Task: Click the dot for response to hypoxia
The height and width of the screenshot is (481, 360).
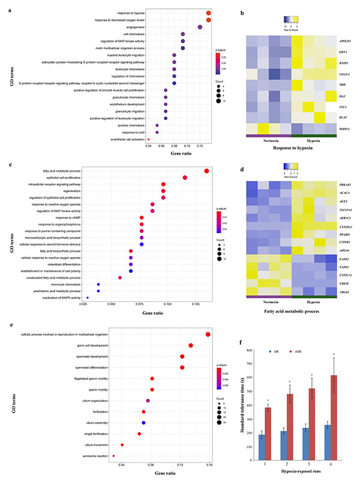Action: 208,13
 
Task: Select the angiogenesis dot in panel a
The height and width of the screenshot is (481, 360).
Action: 200,27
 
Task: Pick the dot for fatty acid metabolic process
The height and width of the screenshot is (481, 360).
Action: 207,171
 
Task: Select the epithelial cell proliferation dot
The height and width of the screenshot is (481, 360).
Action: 185,178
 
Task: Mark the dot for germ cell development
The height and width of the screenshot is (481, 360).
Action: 191,345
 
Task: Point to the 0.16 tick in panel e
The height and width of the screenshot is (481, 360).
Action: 209,465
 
